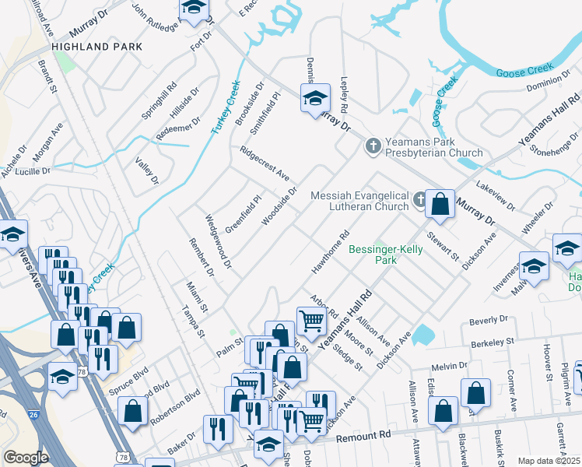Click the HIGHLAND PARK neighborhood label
click(97, 47)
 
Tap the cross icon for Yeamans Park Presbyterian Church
click(373, 145)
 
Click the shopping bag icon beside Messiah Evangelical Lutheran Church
click(440, 205)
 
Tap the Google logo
click(26, 458)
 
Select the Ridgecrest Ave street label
click(265, 162)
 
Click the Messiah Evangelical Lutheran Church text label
click(359, 201)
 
